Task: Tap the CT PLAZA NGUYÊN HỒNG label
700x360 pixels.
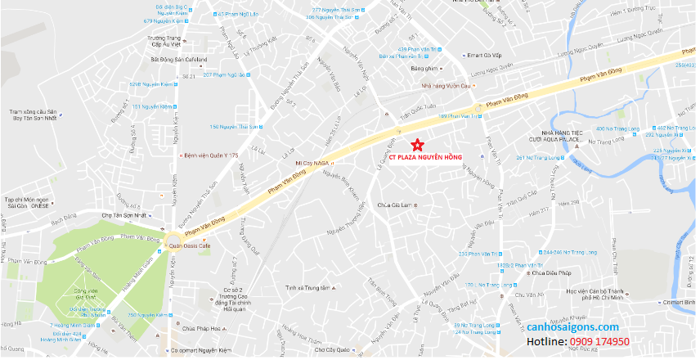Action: tap(425, 156)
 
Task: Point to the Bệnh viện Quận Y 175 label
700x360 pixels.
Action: tap(210, 155)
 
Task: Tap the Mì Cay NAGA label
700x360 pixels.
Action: tap(312, 164)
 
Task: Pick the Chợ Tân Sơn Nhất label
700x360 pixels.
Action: tap(127, 215)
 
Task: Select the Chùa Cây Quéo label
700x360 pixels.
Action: tap(330, 350)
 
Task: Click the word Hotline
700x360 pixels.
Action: tap(547, 341)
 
